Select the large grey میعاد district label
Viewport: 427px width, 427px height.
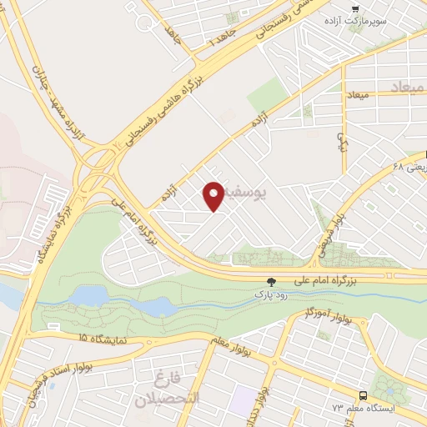[406, 87]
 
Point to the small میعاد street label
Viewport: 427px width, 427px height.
[356, 98]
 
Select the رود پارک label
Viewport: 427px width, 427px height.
[269, 295]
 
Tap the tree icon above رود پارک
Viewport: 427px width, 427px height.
[269, 283]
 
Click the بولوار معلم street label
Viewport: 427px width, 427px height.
[240, 341]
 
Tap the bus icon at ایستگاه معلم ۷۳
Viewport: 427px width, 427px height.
[363, 394]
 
